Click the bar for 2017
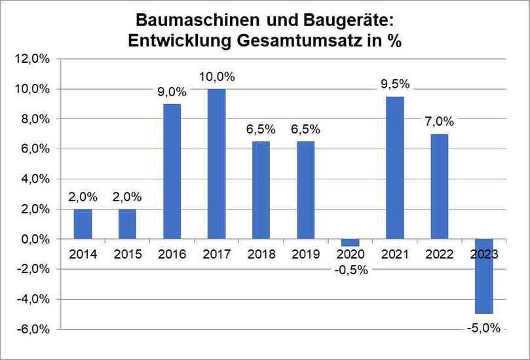pyautogui.click(x=216, y=164)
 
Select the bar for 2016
pyautogui.click(x=172, y=171)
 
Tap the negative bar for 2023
pyautogui.click(x=484, y=276)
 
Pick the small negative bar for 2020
pyautogui.click(x=350, y=243)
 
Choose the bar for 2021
pyautogui.click(x=395, y=168)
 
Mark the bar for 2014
pyautogui.click(x=83, y=224)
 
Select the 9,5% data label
pyautogui.click(x=395, y=84)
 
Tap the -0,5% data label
pyautogui.click(x=350, y=270)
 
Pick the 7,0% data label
pyautogui.click(x=440, y=122)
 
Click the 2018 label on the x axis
pyautogui.click(x=261, y=255)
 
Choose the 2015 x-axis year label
pyautogui.click(x=127, y=255)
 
